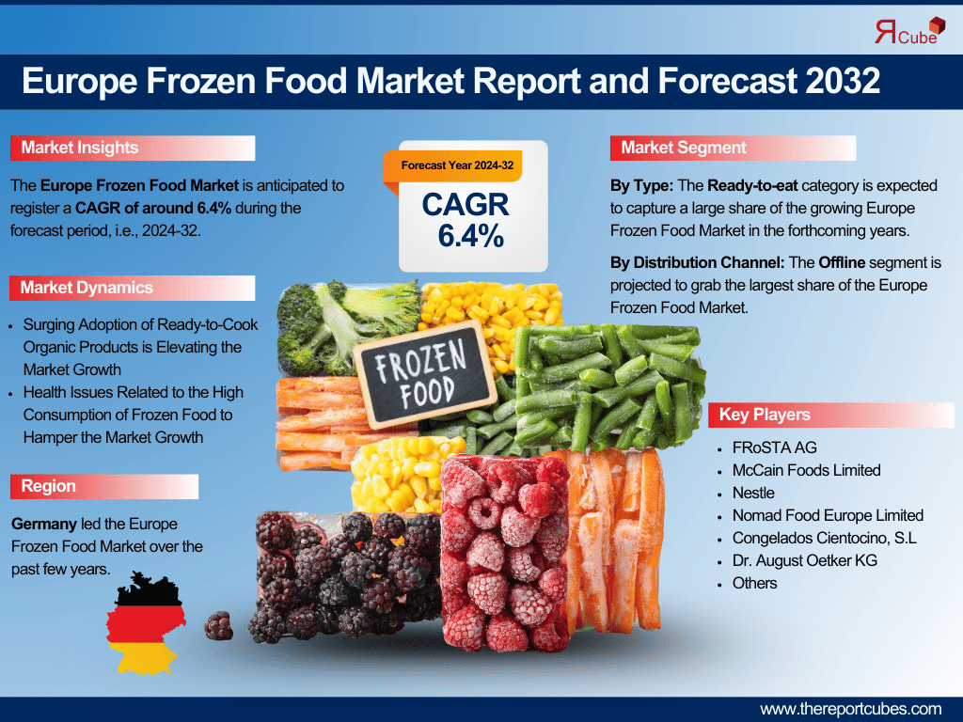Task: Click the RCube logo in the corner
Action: click(x=909, y=31)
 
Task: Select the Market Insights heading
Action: click(x=80, y=148)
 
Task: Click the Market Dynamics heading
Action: click(x=87, y=288)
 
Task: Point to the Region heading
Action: click(x=49, y=486)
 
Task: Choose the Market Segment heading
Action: click(x=684, y=148)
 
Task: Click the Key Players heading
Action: click(x=765, y=415)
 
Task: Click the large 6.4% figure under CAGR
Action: click(x=471, y=236)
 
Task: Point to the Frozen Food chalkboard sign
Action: click(x=424, y=374)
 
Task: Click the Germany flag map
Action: click(x=146, y=623)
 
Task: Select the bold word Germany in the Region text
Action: click(x=44, y=524)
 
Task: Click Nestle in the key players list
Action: click(x=753, y=493)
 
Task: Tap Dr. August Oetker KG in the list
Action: click(x=805, y=560)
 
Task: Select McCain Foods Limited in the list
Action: click(x=806, y=470)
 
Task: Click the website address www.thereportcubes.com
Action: click(x=850, y=709)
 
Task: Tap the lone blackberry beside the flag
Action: click(x=218, y=625)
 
